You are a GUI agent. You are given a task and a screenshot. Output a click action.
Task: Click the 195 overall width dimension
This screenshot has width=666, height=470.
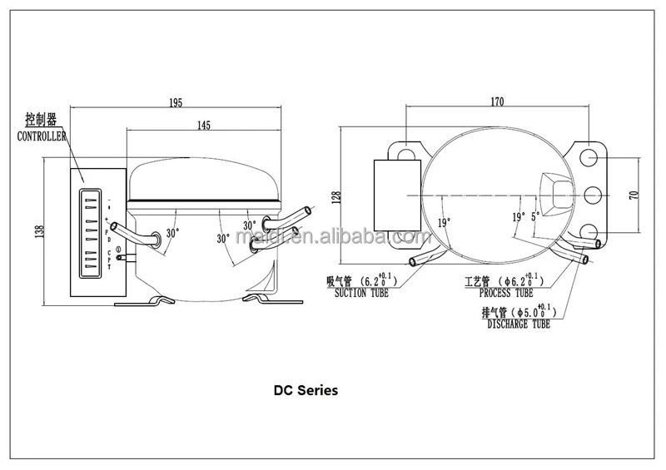pos(176,102)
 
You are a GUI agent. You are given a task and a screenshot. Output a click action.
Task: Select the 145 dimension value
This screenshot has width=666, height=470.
pos(204,125)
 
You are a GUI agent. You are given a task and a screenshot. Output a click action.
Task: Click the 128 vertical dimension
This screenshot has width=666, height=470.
pos(336,197)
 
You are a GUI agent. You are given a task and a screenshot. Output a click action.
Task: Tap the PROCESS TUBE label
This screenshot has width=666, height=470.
pos(506,294)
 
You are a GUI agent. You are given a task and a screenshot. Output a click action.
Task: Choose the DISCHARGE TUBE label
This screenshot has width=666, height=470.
pos(518,325)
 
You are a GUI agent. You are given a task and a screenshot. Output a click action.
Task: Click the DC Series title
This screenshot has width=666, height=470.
pos(307,388)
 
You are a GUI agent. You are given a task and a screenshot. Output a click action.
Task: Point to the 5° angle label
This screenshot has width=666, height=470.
pos(535,215)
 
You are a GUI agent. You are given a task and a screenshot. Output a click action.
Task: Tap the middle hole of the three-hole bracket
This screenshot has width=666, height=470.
pos(593,195)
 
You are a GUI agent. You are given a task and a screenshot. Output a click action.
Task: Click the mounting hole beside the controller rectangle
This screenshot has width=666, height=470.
pos(406,153)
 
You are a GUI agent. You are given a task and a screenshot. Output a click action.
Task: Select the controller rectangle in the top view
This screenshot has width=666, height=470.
pos(396,195)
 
